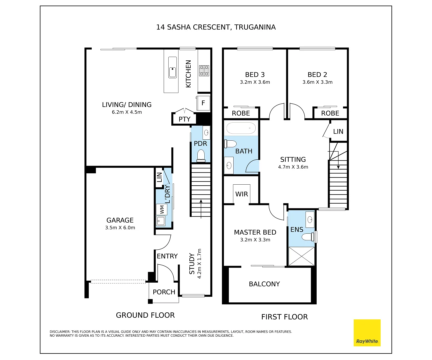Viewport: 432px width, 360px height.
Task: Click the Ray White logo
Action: pyautogui.click(x=367, y=333)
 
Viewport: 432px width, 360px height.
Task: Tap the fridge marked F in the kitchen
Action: pyautogui.click(x=203, y=103)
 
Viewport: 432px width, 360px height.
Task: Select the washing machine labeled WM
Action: pyautogui.click(x=162, y=209)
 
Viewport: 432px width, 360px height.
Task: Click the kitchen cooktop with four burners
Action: pyautogui.click(x=204, y=71)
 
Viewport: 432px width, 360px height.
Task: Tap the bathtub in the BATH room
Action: pyautogui.click(x=241, y=128)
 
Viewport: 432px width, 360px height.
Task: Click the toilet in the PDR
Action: pyautogui.click(x=201, y=155)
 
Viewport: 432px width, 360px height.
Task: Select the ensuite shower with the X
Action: pyautogui.click(x=301, y=256)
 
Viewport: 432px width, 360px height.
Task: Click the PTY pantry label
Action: pyautogui.click(x=184, y=119)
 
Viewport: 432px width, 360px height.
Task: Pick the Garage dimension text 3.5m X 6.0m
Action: pyautogui.click(x=120, y=228)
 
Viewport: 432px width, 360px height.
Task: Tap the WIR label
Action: pyautogui.click(x=241, y=194)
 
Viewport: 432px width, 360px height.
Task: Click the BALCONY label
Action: pyautogui.click(x=264, y=284)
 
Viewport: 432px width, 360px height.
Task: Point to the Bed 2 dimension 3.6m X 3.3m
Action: pyautogui.click(x=317, y=82)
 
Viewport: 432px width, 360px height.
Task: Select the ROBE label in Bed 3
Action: pyautogui.click(x=241, y=113)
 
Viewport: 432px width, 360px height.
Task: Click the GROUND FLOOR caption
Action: pyautogui.click(x=145, y=315)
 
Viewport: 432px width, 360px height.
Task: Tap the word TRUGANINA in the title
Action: pyautogui.click(x=255, y=27)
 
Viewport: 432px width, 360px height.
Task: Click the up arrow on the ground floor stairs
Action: pyautogui.click(x=201, y=209)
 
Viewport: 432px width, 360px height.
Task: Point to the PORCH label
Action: pyautogui.click(x=164, y=292)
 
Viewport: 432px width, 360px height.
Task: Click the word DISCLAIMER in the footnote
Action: pyautogui.click(x=60, y=332)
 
